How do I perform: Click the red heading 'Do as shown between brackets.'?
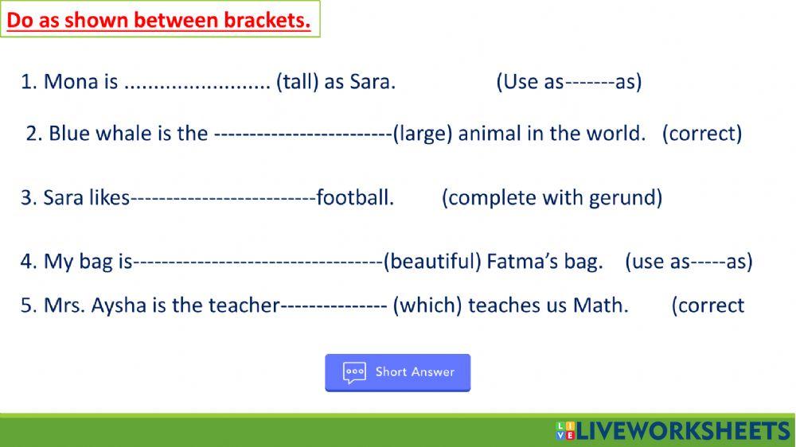tap(158, 20)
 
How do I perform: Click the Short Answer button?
tap(397, 372)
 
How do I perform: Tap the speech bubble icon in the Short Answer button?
tap(354, 372)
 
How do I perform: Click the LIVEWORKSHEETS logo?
tap(673, 431)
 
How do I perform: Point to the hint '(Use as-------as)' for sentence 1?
tap(568, 82)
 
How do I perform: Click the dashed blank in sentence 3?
tap(223, 198)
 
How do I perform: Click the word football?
tap(355, 198)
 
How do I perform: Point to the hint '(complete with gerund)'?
tap(552, 198)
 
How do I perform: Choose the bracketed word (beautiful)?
tap(432, 262)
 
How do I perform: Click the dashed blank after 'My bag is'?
tap(258, 262)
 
